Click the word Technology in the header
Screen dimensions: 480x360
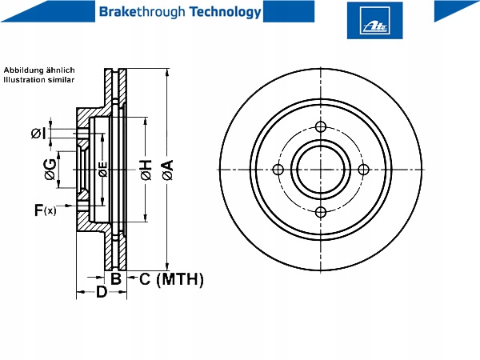pyautogui.click(x=226, y=12)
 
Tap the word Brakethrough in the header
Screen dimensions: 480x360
pyautogui.click(x=142, y=12)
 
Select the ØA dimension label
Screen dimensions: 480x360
pyautogui.click(x=168, y=170)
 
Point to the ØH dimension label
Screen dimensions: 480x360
pyautogui.click(x=146, y=170)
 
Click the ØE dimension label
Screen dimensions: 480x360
pyautogui.click(x=103, y=170)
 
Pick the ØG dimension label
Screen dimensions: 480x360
pyautogui.click(x=50, y=170)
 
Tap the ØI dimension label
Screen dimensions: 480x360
pyautogui.click(x=39, y=134)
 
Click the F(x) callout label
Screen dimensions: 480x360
pyautogui.click(x=46, y=210)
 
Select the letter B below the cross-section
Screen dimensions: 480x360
pyautogui.click(x=116, y=279)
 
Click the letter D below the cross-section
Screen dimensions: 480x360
pyautogui.click(x=102, y=292)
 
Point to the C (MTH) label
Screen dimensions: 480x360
pyautogui.click(x=171, y=279)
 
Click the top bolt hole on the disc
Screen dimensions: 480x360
pyautogui.click(x=321, y=126)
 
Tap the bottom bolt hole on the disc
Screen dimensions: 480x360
pyautogui.click(x=321, y=212)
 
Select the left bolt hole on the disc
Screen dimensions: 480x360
pyautogui.click(x=278, y=170)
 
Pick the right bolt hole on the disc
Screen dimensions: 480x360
pyautogui.click(x=363, y=170)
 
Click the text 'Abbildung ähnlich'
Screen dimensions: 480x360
pyautogui.click(x=39, y=70)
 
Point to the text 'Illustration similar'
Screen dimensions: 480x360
pyautogui.click(x=39, y=80)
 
